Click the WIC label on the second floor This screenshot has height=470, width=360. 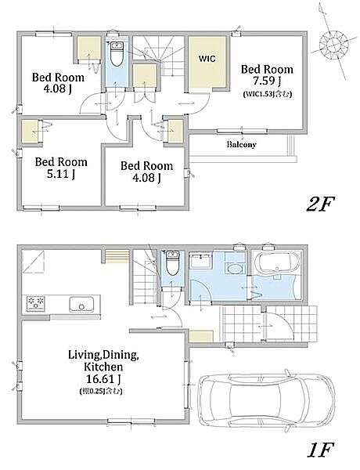pos(207,59)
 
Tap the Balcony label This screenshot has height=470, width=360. pos(241,144)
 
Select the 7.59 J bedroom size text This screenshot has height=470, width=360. pos(267,81)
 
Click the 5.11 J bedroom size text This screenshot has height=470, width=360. pos(61,174)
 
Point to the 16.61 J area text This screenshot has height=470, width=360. pos(103,379)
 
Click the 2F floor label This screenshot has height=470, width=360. pos(320,204)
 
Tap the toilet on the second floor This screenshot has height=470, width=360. pos(117,53)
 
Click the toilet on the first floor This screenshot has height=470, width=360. pos(172,263)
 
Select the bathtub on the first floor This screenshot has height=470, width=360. pos(277,262)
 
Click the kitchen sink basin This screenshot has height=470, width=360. pos(81,304)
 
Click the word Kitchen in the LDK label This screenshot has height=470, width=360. pos(103,367)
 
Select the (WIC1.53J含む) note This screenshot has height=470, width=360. pos(267,94)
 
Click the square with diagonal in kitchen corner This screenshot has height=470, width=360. pos(33,262)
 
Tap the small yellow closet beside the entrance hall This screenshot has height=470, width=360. pos(202,336)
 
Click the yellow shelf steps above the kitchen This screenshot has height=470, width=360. pos(117,257)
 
